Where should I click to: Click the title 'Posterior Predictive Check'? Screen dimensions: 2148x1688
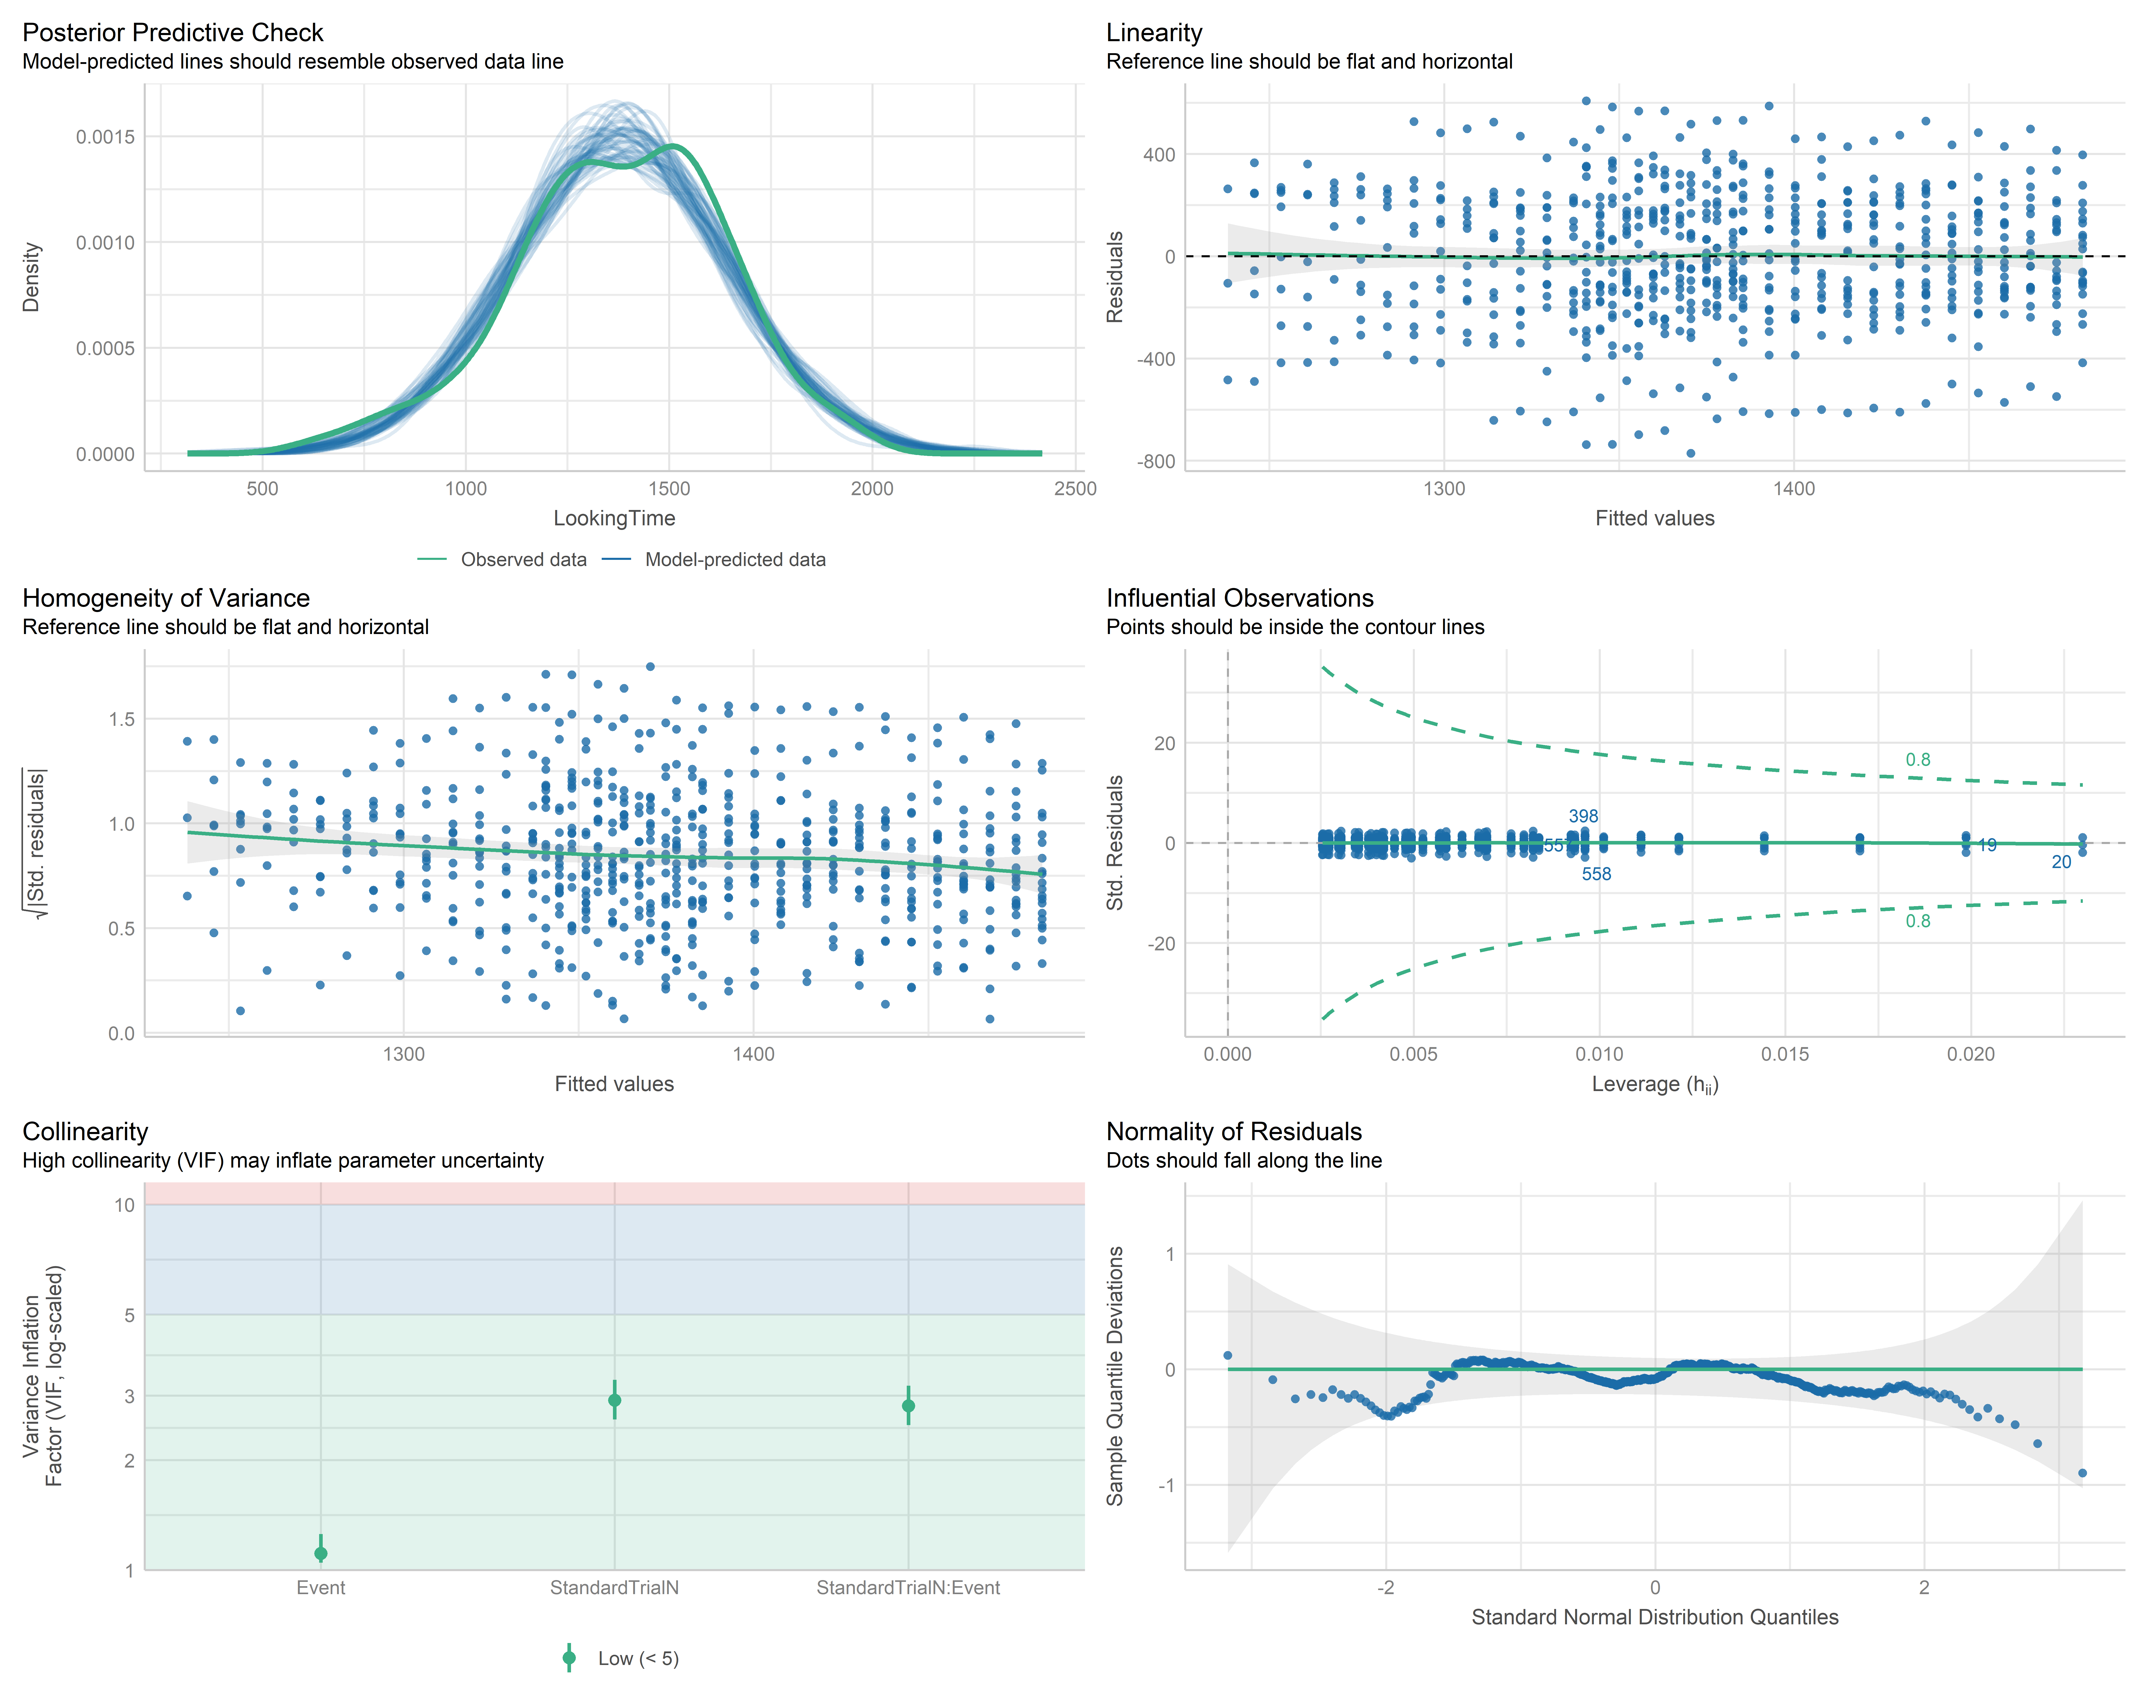[x=173, y=33]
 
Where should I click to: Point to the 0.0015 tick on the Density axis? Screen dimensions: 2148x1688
[x=106, y=136]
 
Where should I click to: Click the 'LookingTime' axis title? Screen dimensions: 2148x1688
[x=614, y=518]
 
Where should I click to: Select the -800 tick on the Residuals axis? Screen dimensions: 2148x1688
[x=1156, y=462]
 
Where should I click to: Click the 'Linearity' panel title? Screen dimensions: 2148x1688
[x=1154, y=33]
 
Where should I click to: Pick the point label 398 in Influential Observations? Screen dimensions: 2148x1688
[x=1583, y=816]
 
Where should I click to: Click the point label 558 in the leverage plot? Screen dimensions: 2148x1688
[x=1597, y=874]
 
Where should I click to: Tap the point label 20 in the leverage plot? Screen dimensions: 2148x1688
[x=2061, y=862]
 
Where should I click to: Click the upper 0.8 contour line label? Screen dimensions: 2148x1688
[x=1918, y=760]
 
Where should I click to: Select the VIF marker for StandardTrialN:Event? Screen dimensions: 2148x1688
[x=908, y=1405]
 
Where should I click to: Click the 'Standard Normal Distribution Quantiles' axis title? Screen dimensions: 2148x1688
[x=1655, y=1617]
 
